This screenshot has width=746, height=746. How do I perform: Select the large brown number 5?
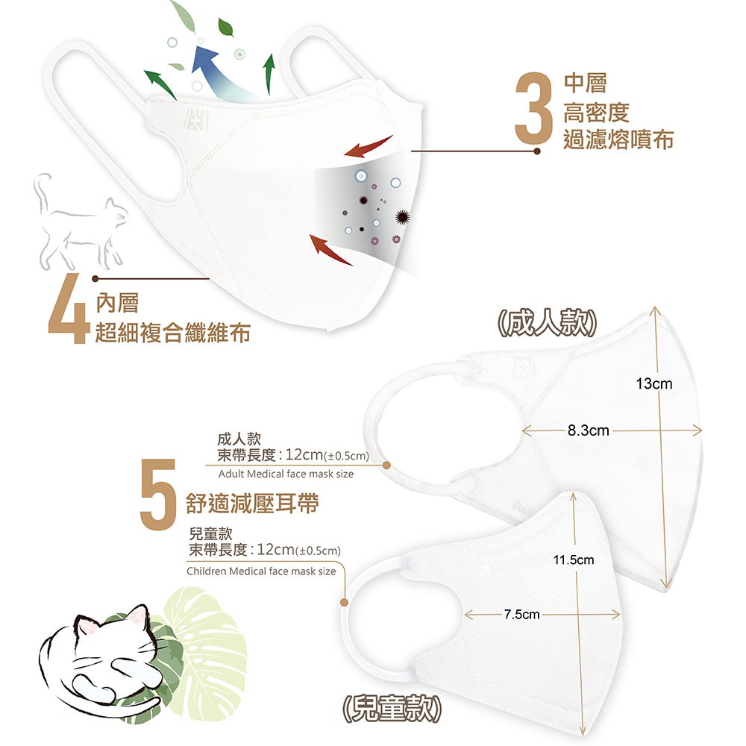pyautogui.click(x=158, y=494)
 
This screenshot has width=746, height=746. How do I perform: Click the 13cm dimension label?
pyautogui.click(x=654, y=383)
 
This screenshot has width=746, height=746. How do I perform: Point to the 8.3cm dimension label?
pyautogui.click(x=588, y=430)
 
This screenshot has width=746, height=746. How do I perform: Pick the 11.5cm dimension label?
pyautogui.click(x=574, y=559)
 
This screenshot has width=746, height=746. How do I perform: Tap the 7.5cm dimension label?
pyautogui.click(x=522, y=614)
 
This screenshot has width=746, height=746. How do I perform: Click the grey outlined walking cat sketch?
pyautogui.click(x=78, y=224)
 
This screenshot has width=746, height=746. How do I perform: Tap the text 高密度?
pyautogui.click(x=596, y=113)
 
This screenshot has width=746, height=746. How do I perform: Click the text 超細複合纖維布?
pyautogui.click(x=173, y=332)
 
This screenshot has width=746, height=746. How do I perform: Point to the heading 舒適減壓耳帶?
pyautogui.click(x=252, y=503)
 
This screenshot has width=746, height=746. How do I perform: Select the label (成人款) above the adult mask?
pyautogui.click(x=547, y=323)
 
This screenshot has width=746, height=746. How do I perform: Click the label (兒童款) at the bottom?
pyautogui.click(x=392, y=709)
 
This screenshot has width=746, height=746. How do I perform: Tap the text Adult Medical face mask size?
pyautogui.click(x=286, y=474)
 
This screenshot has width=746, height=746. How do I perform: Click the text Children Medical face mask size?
pyautogui.click(x=261, y=571)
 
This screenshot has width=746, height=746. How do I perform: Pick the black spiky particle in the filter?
pyautogui.click(x=403, y=217)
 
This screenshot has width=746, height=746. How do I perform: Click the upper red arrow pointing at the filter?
pyautogui.click(x=369, y=146)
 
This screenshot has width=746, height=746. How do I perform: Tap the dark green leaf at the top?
pyautogui.click(x=226, y=27)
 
